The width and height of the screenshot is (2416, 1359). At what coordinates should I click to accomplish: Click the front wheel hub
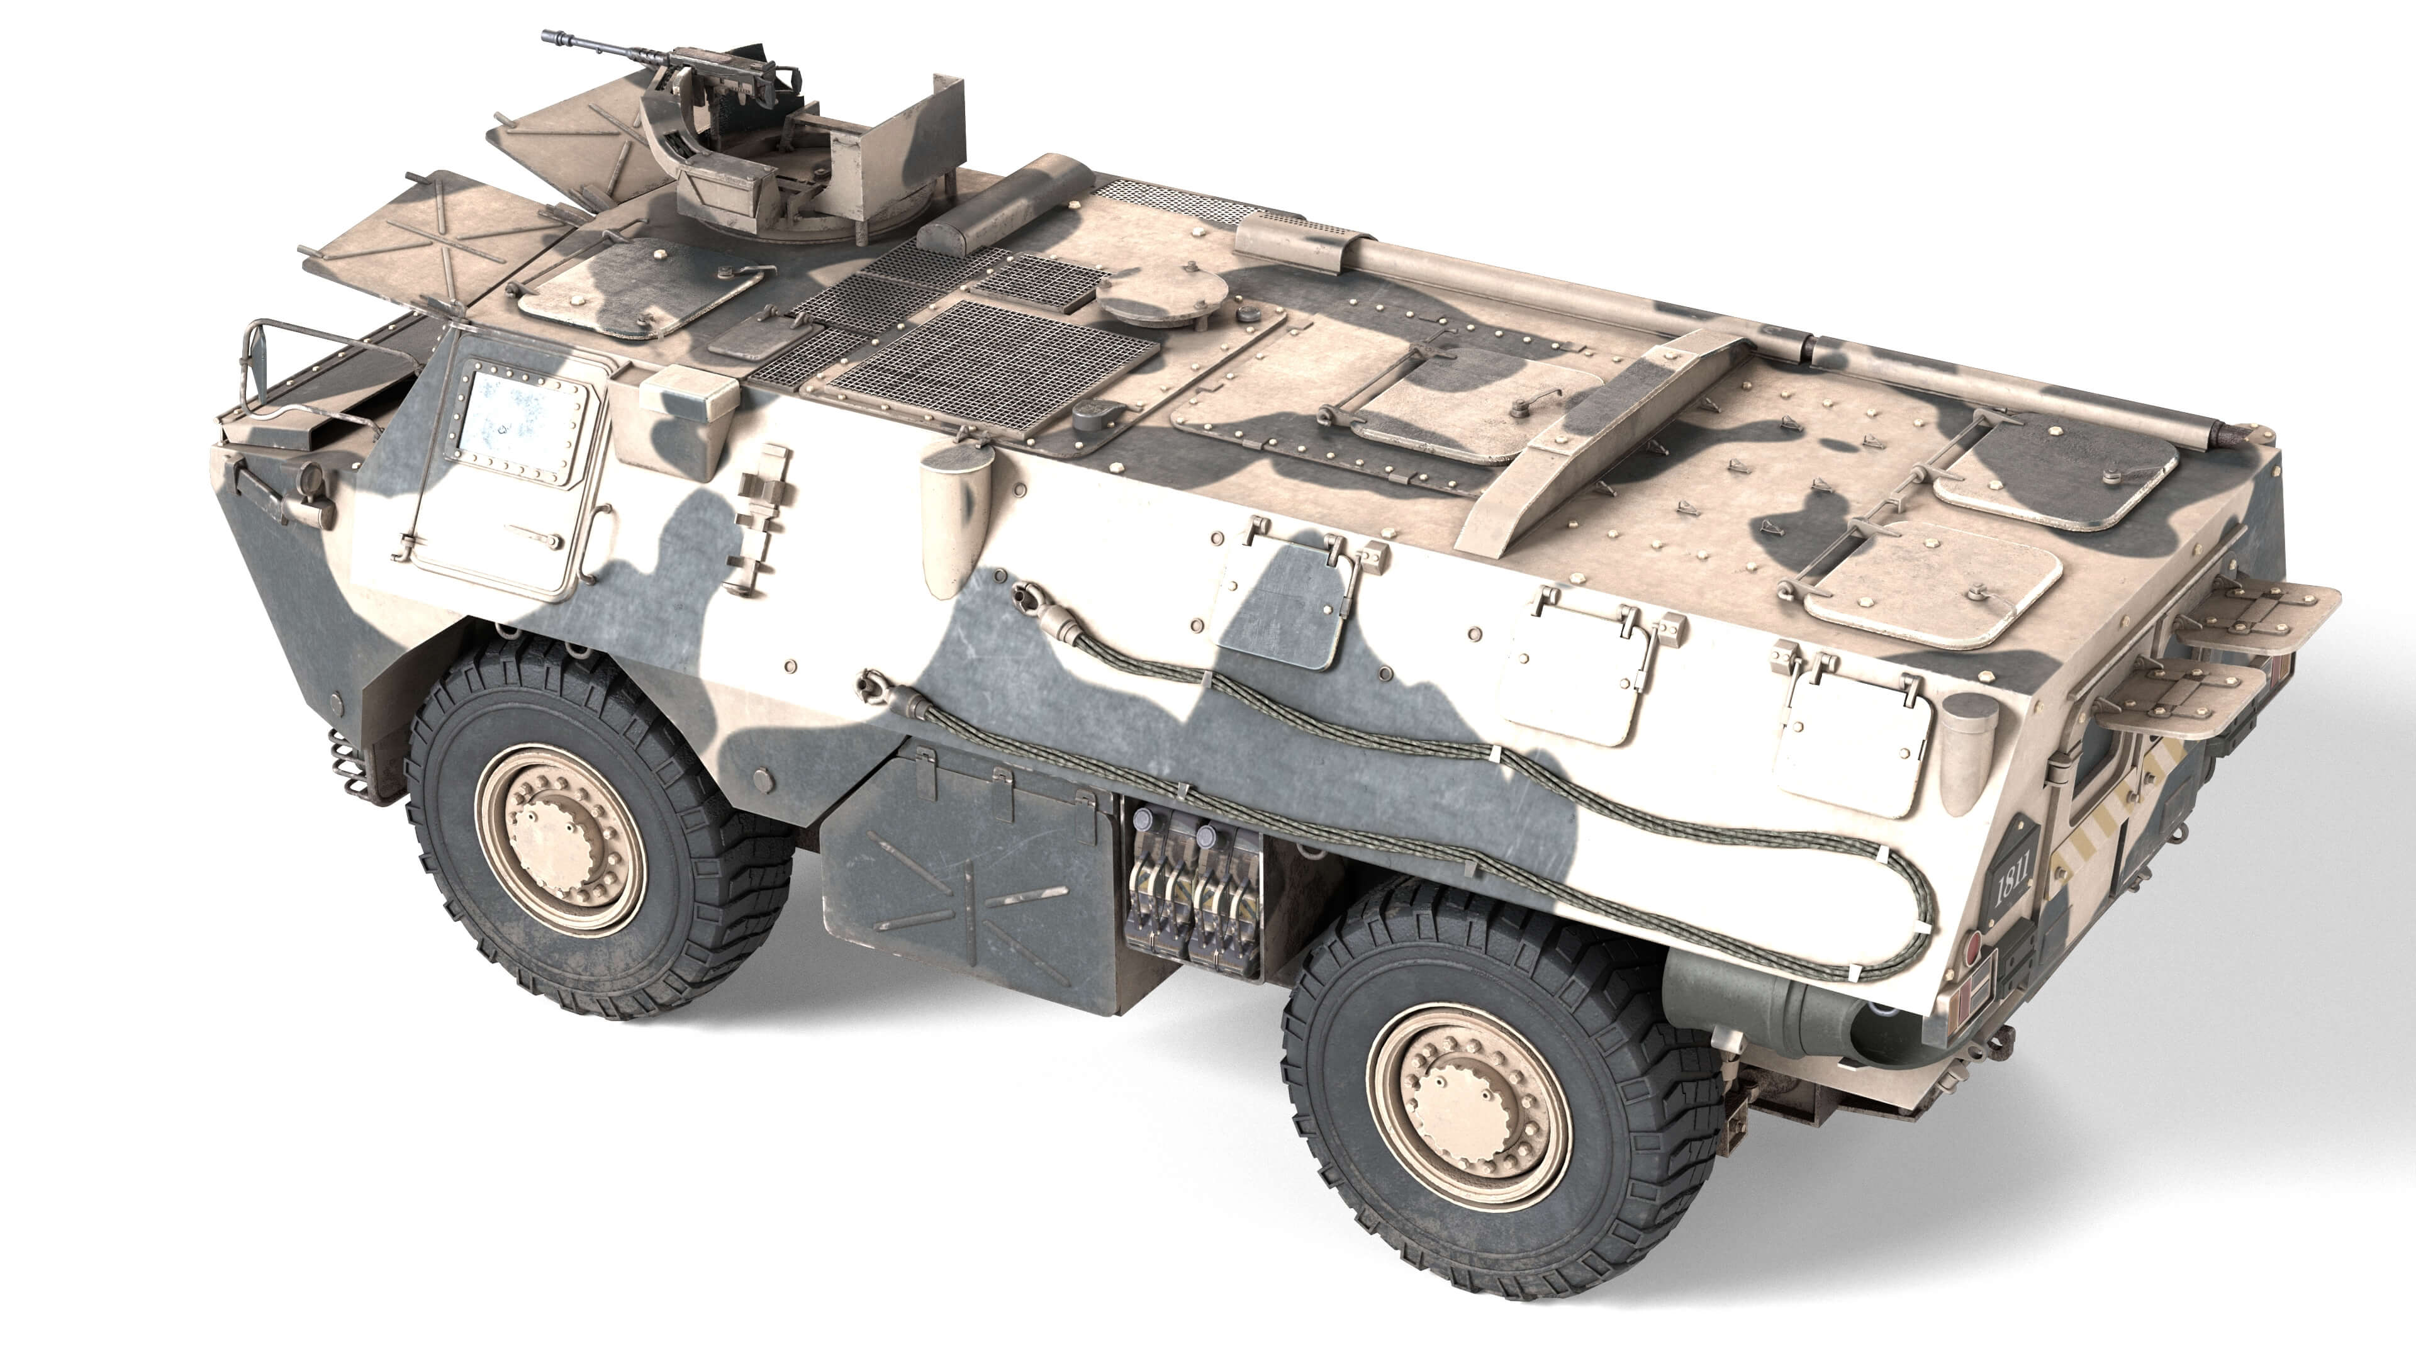tap(560, 837)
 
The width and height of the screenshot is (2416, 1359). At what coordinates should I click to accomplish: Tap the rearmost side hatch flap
tap(1852, 741)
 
